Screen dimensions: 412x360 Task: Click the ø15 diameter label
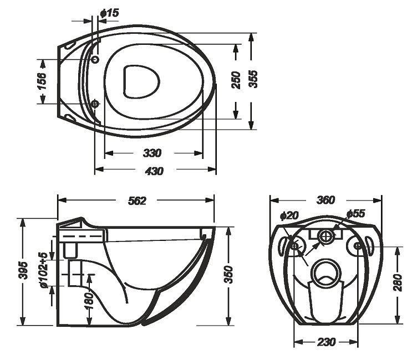(110, 13)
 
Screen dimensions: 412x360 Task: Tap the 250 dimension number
(236, 80)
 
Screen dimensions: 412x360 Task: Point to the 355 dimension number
(253, 79)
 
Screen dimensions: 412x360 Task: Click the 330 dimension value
(152, 153)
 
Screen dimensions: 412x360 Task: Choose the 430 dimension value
(154, 171)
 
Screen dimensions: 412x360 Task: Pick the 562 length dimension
(137, 200)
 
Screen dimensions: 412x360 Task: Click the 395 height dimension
(23, 270)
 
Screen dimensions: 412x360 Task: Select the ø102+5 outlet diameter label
(44, 270)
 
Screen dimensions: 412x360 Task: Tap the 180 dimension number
(89, 301)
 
